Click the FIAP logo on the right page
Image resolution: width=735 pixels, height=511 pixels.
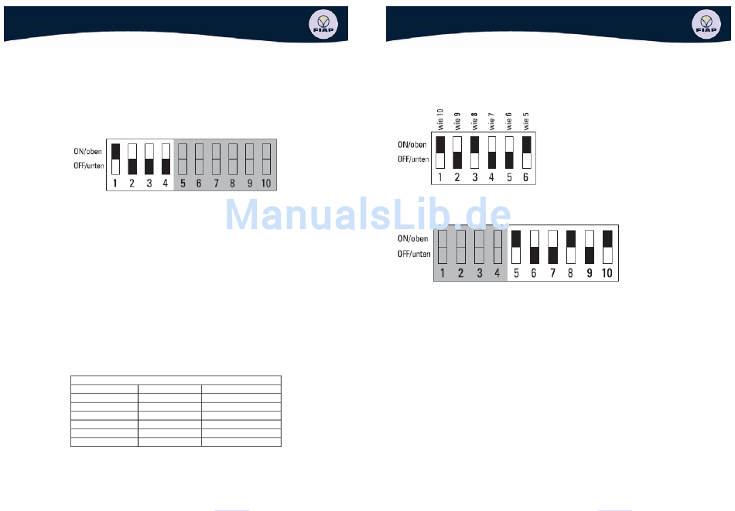(x=706, y=24)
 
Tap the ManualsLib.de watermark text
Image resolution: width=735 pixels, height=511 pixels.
(x=368, y=214)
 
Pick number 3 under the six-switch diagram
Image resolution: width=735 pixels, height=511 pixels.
(x=474, y=177)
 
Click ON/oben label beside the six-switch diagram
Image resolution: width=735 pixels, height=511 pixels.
(x=412, y=145)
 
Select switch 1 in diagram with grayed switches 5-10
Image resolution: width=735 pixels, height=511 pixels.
(x=115, y=159)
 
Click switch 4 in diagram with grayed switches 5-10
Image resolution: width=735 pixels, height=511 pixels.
(x=166, y=159)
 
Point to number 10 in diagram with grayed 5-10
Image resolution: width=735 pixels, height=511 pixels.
(x=265, y=183)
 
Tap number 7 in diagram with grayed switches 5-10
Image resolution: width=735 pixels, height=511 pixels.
(x=215, y=183)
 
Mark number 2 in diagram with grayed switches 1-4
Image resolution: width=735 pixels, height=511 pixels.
(x=460, y=273)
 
